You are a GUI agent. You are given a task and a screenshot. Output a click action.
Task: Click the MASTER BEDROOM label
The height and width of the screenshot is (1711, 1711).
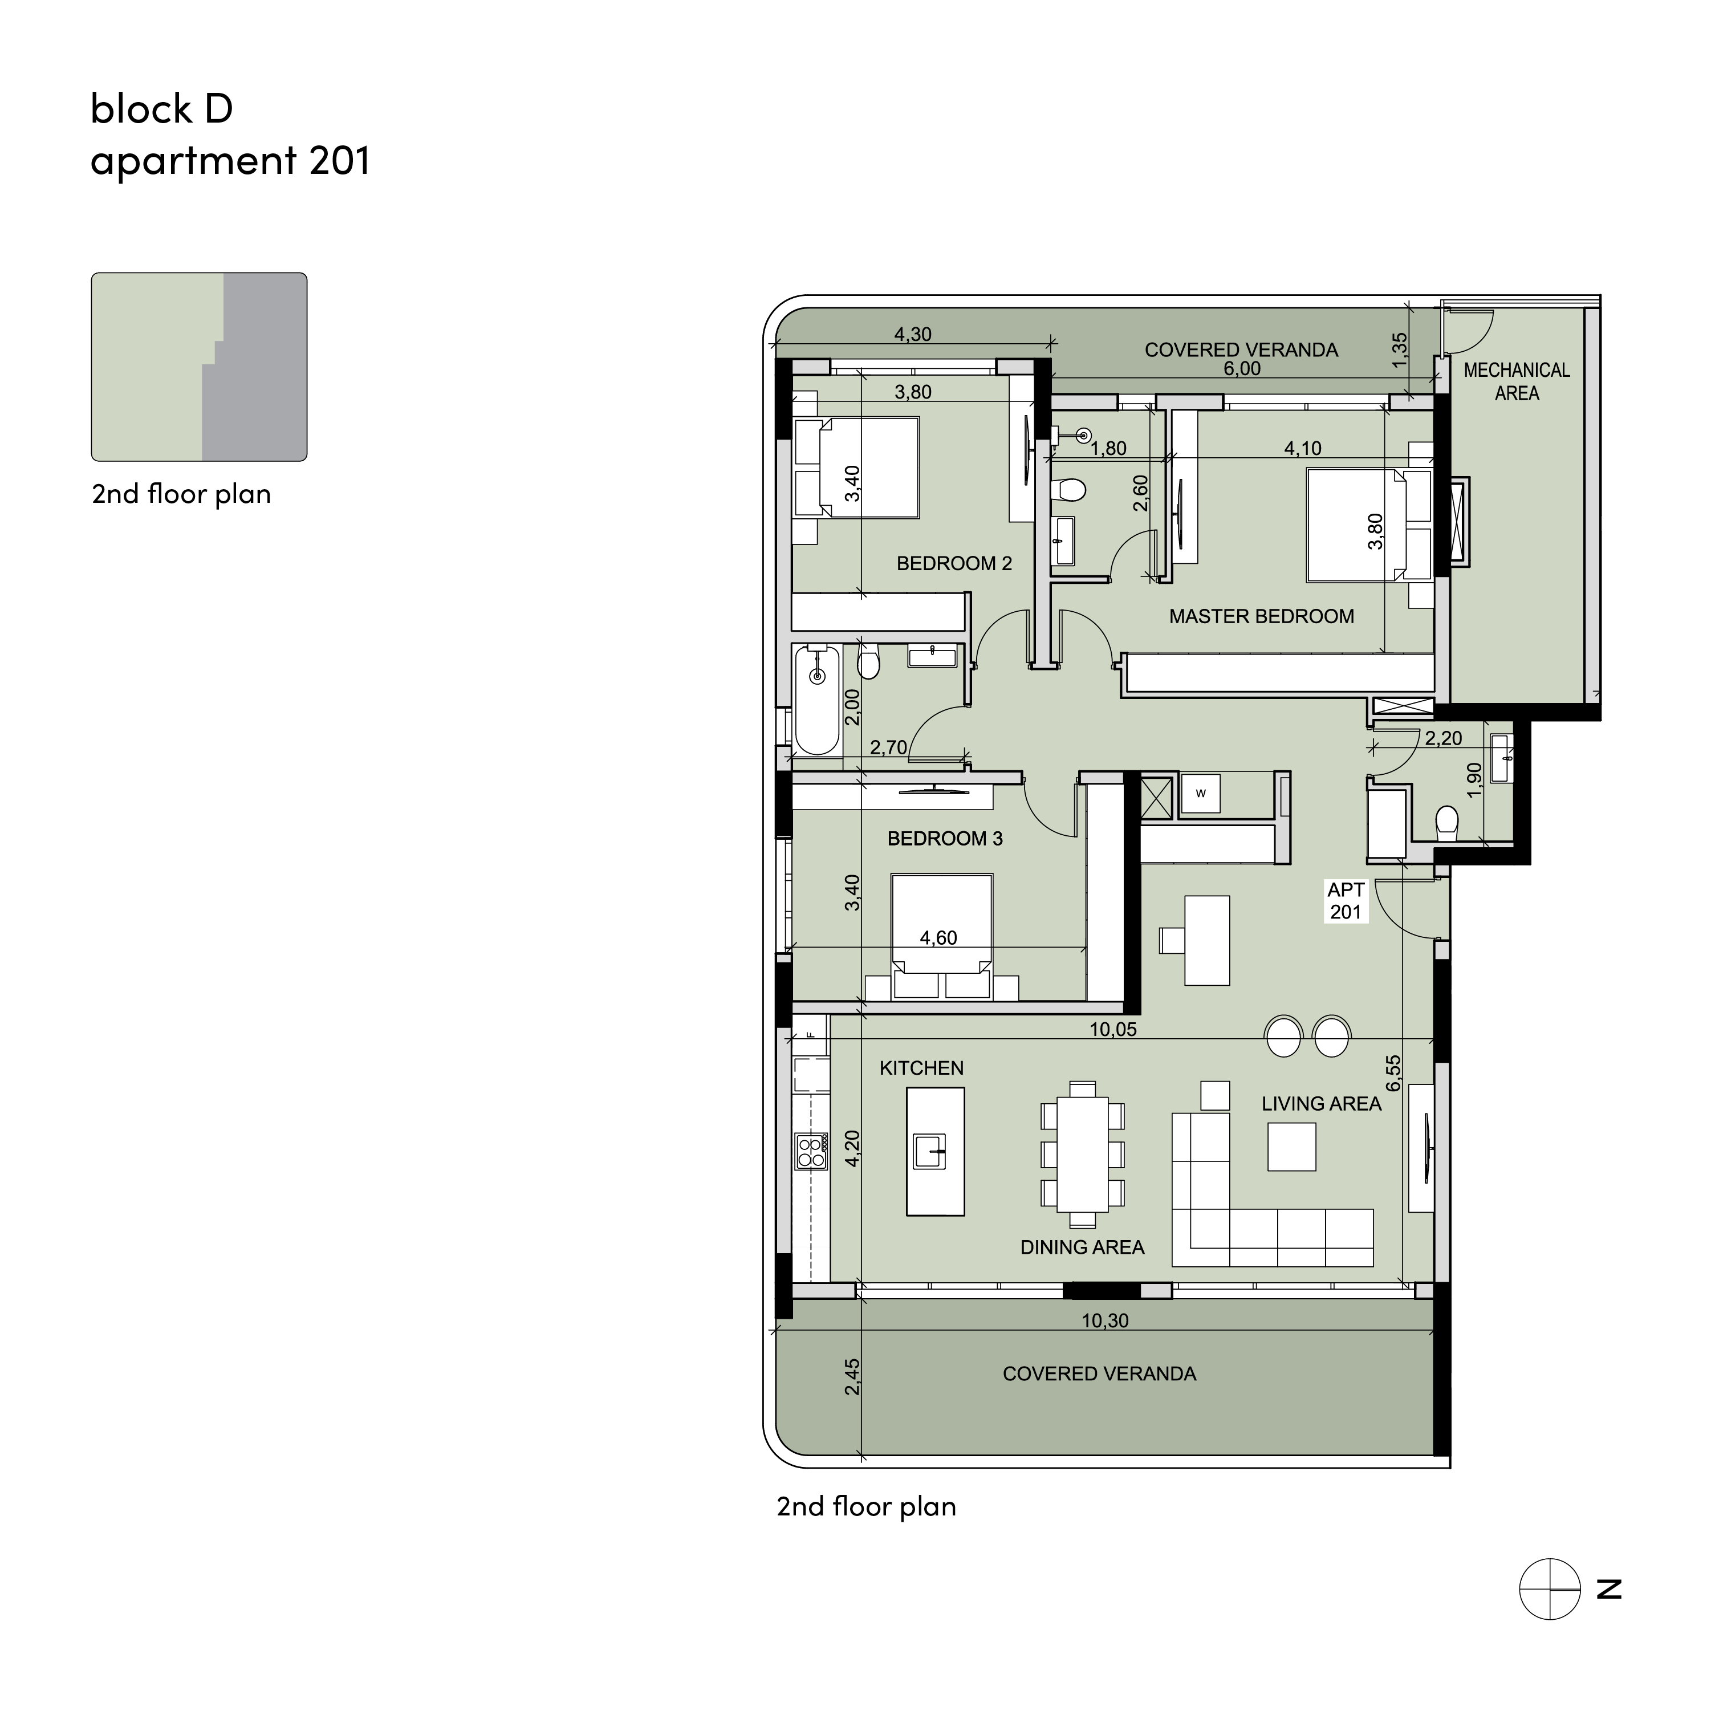pos(1261,616)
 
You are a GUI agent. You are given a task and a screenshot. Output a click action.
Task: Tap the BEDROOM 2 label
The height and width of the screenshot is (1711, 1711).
pos(954,563)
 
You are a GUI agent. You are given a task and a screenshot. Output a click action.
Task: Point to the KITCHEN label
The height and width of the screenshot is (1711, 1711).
pos(921,1068)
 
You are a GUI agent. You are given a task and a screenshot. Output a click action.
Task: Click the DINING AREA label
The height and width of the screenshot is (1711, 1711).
pos(1082,1247)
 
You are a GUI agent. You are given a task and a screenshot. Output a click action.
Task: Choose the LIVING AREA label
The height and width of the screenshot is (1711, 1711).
pos(1322,1103)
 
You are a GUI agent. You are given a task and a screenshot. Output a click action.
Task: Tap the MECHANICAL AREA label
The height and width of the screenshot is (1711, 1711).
pos(1516,381)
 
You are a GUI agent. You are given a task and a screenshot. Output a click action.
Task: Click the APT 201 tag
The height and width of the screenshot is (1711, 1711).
pos(1345,901)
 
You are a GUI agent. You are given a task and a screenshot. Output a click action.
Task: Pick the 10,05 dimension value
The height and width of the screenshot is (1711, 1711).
pos(1112,1029)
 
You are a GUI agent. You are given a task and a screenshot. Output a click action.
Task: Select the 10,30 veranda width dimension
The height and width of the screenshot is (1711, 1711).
pos(1104,1320)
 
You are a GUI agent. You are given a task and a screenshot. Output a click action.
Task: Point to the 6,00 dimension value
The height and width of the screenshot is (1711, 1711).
pos(1242,368)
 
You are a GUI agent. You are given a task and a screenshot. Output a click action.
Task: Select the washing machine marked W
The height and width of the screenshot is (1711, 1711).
pos(1200,794)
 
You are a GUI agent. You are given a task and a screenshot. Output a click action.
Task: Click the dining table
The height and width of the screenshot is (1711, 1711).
pos(1082,1155)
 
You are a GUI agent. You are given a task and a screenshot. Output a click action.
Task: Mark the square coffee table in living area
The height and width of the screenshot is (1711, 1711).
pos(1291,1147)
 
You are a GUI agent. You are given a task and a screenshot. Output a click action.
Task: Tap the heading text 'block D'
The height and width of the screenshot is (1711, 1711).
pos(162,108)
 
